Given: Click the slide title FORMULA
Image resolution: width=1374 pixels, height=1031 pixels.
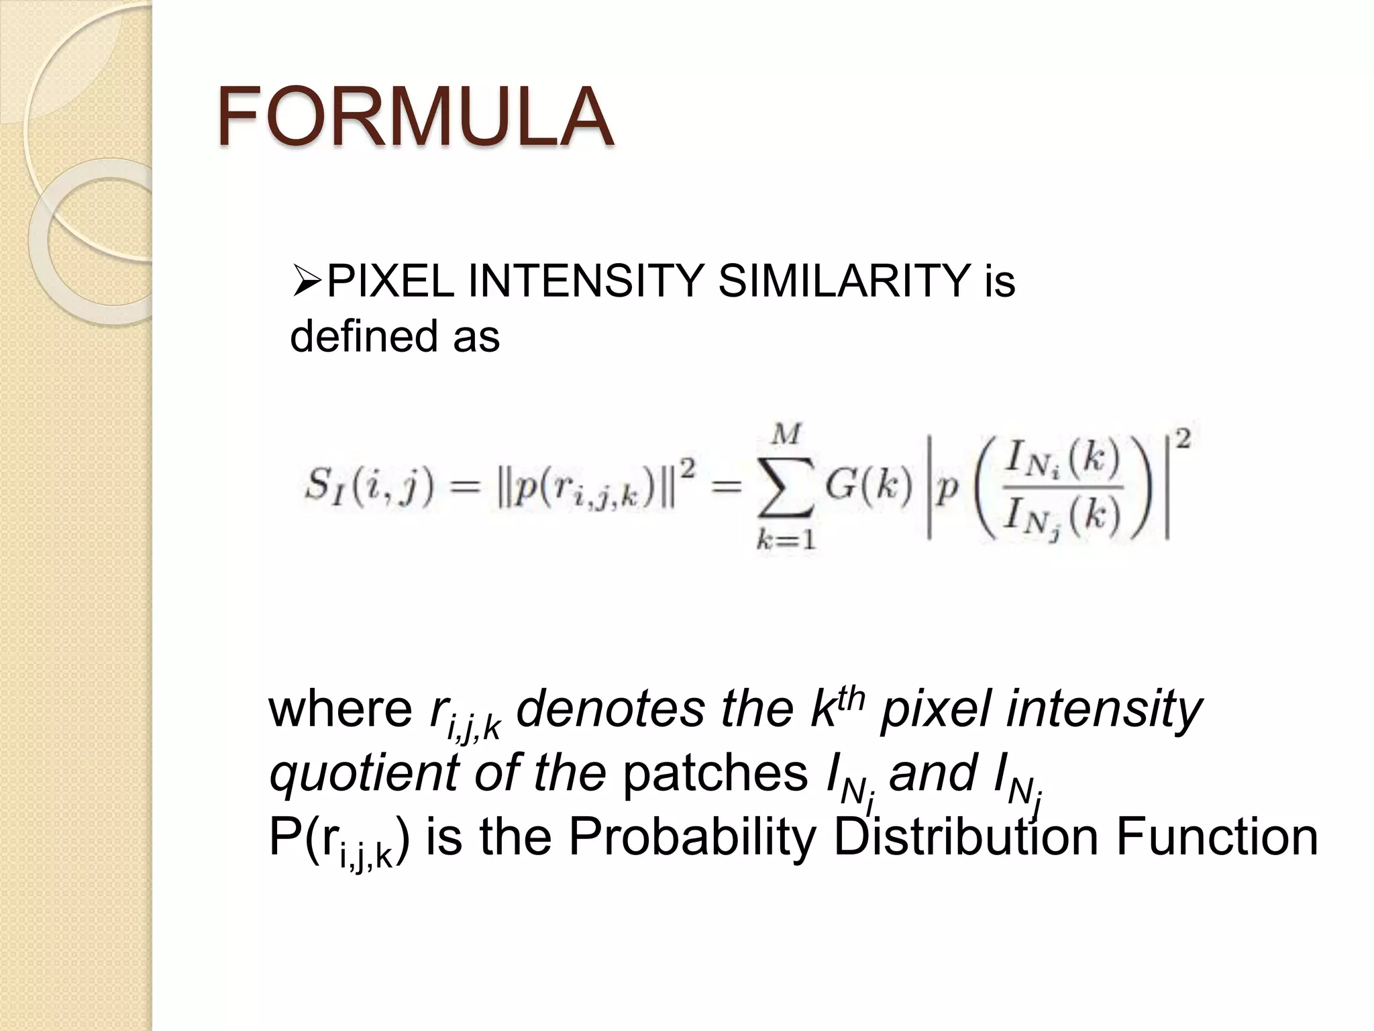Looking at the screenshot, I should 415,116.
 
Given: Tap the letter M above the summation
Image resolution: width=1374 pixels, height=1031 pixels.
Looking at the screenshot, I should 786,435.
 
